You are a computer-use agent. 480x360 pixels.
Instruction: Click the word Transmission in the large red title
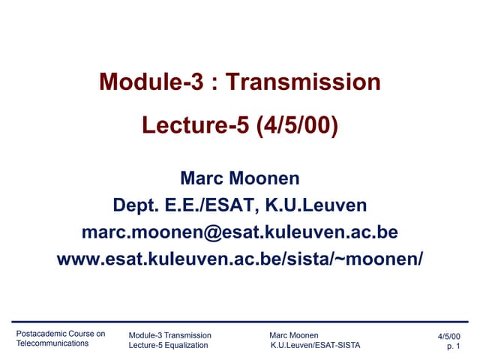(x=303, y=82)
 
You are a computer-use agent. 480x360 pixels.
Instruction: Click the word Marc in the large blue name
(x=205, y=179)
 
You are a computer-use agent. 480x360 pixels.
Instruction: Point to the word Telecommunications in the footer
(x=52, y=343)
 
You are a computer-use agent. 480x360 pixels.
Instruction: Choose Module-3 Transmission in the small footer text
(x=170, y=334)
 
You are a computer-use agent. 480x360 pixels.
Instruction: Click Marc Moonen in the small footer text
(x=293, y=334)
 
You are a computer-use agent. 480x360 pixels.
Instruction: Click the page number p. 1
(x=453, y=347)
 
